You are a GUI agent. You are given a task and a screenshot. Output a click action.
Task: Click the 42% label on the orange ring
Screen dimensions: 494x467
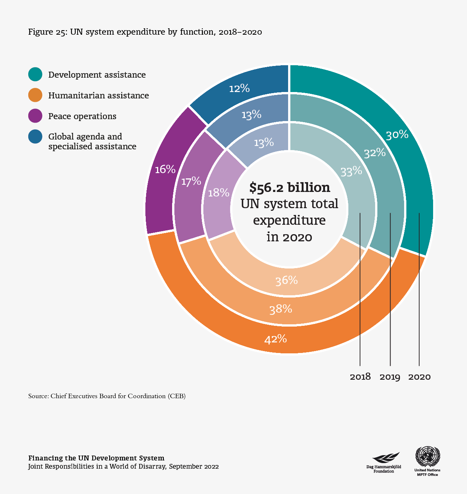pos(276,339)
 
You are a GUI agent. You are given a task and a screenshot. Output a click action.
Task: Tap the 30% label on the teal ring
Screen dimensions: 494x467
pos(397,135)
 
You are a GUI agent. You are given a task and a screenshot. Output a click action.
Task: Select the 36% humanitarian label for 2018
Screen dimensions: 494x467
pos(287,280)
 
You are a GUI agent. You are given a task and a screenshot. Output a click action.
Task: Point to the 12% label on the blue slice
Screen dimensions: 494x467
pos(239,88)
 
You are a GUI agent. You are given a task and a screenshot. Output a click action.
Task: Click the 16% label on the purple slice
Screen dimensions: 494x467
pos(165,169)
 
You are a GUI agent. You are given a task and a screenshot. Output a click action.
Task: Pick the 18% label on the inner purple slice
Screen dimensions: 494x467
pos(218,193)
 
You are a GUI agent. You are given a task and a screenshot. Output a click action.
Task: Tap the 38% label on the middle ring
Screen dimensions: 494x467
pos(281,309)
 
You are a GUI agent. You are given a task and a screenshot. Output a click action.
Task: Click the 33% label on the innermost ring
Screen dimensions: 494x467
pos(351,171)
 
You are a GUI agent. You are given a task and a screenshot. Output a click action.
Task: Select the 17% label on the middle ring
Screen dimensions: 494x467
pos(191,181)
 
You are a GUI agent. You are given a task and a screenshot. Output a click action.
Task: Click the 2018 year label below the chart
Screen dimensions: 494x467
pos(360,376)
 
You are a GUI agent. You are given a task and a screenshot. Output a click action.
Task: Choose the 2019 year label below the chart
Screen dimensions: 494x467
pos(390,377)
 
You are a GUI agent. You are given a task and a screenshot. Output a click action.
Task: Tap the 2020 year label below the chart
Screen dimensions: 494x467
pos(419,377)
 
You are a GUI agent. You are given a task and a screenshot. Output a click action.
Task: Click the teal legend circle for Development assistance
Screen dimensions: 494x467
pos(35,74)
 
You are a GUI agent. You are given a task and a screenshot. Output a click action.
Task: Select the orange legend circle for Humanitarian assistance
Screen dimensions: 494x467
pos(35,95)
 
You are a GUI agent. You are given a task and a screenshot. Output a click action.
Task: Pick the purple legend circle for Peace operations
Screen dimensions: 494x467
pos(35,116)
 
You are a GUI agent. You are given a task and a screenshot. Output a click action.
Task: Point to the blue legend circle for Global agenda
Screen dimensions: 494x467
pos(35,137)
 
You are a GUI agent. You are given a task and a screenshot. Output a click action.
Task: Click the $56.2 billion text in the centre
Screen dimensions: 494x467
pos(290,187)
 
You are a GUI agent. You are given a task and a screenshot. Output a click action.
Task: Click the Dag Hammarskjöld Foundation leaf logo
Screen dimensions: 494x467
pos(386,458)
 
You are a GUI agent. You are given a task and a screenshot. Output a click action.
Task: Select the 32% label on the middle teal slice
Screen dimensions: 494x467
pos(374,153)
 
